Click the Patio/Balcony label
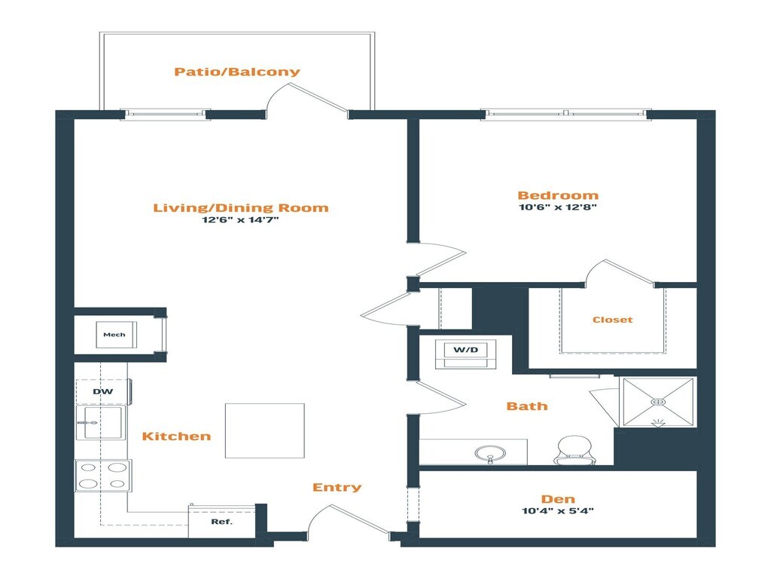click(237, 72)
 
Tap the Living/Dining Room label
click(241, 208)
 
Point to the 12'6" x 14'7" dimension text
click(242, 220)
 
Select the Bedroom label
click(558, 195)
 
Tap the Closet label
click(612, 320)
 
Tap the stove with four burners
click(103, 475)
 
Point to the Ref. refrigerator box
click(221, 522)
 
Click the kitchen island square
click(265, 430)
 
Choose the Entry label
click(337, 488)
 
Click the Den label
click(558, 499)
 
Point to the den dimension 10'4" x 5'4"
click(558, 510)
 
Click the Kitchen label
click(177, 437)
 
